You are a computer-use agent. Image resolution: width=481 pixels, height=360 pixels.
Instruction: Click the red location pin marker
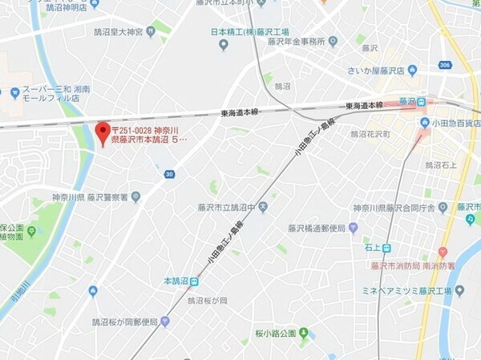point(102,131)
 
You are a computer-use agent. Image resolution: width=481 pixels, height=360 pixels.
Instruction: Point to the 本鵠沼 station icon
point(194,281)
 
